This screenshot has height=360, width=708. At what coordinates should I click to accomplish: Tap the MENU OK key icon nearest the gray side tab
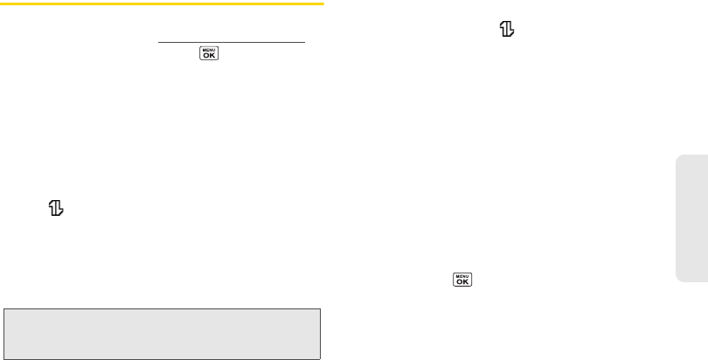click(461, 280)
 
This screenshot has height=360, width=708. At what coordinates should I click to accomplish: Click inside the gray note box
click(163, 334)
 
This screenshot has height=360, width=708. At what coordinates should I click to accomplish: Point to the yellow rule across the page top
click(163, 4)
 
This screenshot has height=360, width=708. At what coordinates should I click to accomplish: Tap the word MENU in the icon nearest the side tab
click(461, 276)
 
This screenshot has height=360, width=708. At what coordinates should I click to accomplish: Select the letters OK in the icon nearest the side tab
click(461, 283)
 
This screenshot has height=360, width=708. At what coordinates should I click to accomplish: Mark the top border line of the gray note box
click(163, 308)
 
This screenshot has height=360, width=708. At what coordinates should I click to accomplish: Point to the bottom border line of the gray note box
click(163, 359)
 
